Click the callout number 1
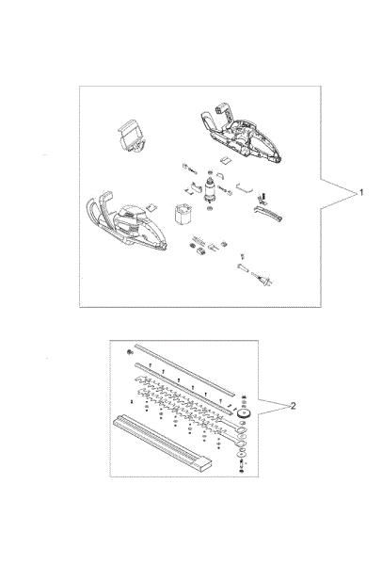coord(362,192)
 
